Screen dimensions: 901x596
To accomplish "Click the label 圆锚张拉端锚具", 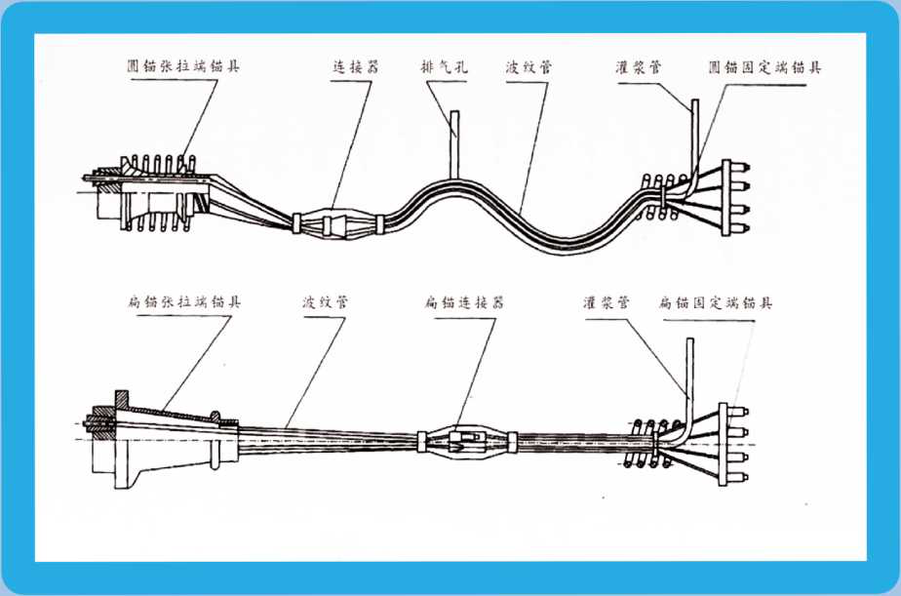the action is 183,65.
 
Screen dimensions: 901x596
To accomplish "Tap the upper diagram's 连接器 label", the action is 356,66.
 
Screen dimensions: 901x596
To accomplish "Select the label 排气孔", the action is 445,67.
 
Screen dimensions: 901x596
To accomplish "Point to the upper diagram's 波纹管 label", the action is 529,67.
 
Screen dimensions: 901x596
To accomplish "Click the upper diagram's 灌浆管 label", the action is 639,67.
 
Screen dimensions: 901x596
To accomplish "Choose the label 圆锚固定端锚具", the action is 764,67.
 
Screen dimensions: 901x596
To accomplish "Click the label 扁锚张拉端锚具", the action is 184,301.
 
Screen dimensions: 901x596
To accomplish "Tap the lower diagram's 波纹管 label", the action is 326,301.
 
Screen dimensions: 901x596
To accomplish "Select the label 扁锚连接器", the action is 464,301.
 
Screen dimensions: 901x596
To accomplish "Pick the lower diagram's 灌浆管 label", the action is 607,302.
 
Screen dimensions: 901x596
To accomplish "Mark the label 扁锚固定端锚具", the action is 716,302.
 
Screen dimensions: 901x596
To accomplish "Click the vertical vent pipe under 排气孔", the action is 454,144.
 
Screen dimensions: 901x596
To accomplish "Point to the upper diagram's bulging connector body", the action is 336,223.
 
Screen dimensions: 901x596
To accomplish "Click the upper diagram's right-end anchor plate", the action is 726,198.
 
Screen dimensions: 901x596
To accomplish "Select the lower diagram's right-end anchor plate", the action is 724,444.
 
